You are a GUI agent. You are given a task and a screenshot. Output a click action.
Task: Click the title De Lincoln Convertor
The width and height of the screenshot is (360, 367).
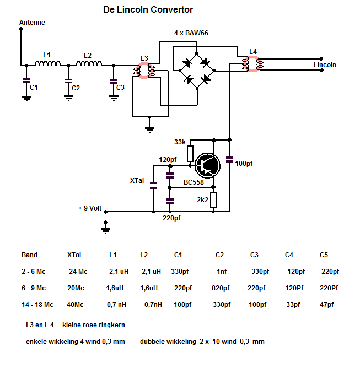click(x=148, y=10)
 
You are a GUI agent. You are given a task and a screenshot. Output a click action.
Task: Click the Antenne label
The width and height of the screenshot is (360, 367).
click(x=32, y=23)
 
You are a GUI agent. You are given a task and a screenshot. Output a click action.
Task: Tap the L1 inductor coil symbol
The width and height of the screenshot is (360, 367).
click(x=47, y=64)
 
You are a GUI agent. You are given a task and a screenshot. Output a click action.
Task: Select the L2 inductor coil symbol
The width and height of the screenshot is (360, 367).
click(x=89, y=64)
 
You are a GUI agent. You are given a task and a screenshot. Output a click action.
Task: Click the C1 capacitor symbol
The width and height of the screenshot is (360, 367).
click(x=26, y=80)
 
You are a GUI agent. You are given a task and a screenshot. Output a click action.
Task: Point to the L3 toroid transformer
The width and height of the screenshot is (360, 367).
click(x=144, y=71)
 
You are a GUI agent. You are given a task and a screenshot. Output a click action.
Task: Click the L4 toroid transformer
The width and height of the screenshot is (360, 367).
click(x=253, y=64)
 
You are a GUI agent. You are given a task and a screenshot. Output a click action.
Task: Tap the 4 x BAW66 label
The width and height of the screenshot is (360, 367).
click(x=191, y=34)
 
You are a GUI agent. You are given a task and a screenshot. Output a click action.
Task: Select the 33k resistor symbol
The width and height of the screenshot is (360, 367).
click(x=190, y=154)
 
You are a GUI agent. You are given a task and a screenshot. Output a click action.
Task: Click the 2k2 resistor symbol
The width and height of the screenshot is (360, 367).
click(x=214, y=200)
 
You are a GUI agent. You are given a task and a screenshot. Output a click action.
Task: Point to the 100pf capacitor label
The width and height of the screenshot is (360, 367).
click(x=243, y=164)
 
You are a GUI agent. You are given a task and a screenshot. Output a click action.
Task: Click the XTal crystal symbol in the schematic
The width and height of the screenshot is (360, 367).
click(x=154, y=185)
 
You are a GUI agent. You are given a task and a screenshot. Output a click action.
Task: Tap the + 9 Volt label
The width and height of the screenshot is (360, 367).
click(x=90, y=208)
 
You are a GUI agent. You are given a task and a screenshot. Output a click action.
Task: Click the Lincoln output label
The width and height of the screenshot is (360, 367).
click(x=325, y=65)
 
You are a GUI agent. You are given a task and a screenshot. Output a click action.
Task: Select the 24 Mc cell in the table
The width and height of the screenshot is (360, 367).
click(x=77, y=271)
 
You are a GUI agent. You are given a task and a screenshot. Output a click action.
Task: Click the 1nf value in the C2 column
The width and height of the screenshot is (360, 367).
click(x=221, y=271)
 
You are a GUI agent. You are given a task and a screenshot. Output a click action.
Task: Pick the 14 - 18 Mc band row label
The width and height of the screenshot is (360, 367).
click(x=37, y=304)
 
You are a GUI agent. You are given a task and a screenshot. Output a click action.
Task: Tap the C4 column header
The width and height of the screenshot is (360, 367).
click(x=289, y=255)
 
